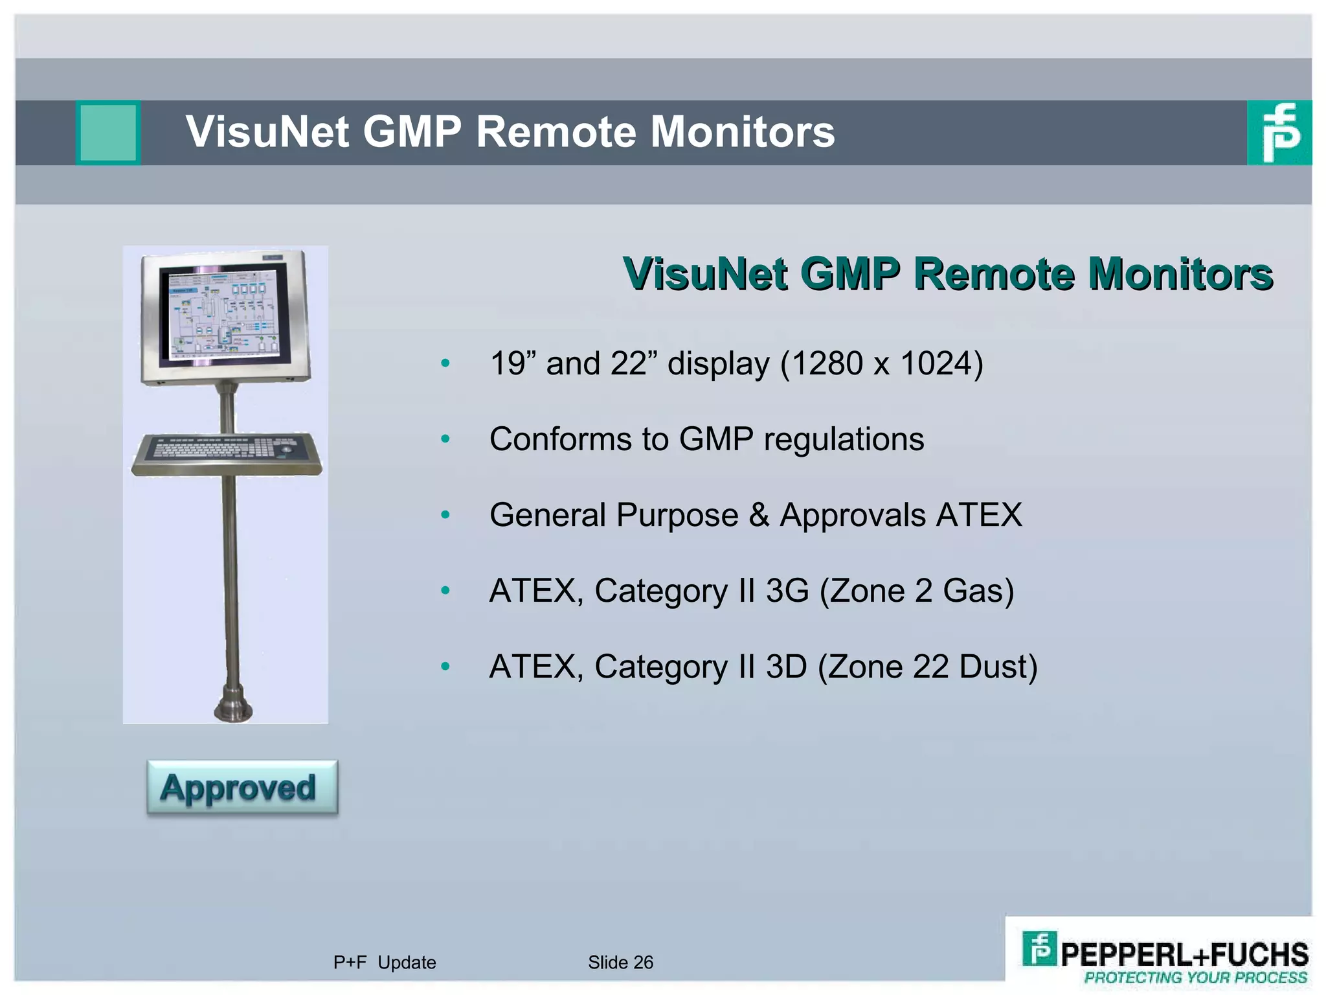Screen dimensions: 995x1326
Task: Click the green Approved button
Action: pos(242,788)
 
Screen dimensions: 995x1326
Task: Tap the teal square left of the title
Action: pos(109,132)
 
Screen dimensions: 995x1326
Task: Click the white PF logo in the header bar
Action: pos(1279,132)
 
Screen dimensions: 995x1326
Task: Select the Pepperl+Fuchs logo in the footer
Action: pos(1164,956)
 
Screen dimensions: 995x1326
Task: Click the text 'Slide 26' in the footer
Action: pos(620,963)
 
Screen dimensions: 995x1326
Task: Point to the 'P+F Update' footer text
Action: pos(385,963)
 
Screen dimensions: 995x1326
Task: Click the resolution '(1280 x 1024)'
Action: pos(882,363)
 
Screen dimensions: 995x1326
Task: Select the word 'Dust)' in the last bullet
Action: pos(998,667)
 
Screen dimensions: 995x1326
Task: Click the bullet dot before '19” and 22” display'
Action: pos(445,363)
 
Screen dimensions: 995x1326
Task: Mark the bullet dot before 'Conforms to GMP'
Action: pos(445,439)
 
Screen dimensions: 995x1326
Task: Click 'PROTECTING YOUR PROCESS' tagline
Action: pos(1195,978)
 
